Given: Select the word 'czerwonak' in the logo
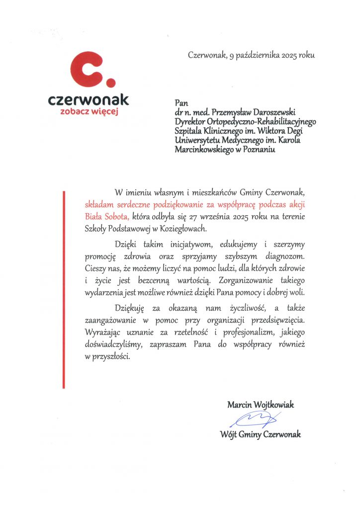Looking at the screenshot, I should (x=89, y=99).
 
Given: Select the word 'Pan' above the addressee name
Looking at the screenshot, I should (x=180, y=103).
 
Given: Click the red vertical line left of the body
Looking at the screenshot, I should (x=64, y=288).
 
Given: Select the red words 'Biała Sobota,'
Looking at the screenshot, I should (x=107, y=216).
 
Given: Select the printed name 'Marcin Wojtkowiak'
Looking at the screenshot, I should (x=261, y=405).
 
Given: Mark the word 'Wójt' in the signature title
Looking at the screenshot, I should (x=229, y=434).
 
